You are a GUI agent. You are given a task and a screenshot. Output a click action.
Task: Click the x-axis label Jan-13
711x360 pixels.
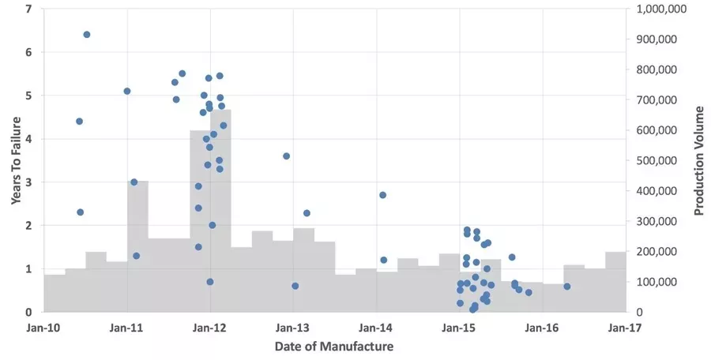coord(293,326)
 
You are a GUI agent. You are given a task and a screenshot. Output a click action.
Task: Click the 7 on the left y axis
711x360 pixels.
coord(29,9)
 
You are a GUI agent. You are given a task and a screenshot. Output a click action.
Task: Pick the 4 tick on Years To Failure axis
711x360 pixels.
coord(29,139)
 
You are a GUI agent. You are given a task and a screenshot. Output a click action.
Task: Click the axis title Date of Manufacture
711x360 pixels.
coord(334,346)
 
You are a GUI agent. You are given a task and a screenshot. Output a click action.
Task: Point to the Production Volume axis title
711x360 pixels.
coord(699,160)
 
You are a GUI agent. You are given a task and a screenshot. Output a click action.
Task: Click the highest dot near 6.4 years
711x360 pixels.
coord(87,35)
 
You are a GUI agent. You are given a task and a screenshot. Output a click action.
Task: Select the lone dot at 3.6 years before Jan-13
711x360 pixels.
coord(287,156)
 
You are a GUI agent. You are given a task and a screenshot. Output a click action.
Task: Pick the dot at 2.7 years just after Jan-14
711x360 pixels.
coord(382,195)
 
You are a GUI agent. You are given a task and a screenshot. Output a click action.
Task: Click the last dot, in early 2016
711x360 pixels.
coord(567,287)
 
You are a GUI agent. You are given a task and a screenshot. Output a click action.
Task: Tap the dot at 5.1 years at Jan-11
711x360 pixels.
coord(127,91)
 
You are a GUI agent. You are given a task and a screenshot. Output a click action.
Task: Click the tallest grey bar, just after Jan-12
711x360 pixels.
coord(220,213)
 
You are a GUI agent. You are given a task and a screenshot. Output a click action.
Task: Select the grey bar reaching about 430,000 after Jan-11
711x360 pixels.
coord(137,249)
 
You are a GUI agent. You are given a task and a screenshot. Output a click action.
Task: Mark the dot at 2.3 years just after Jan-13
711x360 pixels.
coord(307,213)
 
